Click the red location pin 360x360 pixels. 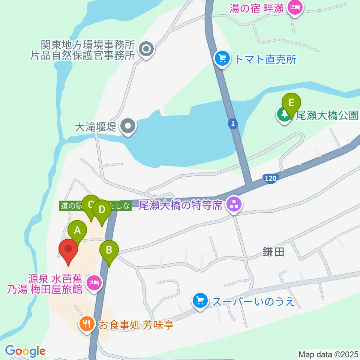point(68,249)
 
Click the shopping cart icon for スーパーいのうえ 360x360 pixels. point(200,300)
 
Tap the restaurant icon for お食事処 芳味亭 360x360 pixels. point(87,323)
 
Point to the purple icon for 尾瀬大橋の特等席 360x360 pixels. point(235,205)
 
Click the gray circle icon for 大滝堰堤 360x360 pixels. point(128,127)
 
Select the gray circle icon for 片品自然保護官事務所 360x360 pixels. point(146,49)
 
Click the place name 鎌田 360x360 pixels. point(274,252)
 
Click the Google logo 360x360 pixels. point(25,351)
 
